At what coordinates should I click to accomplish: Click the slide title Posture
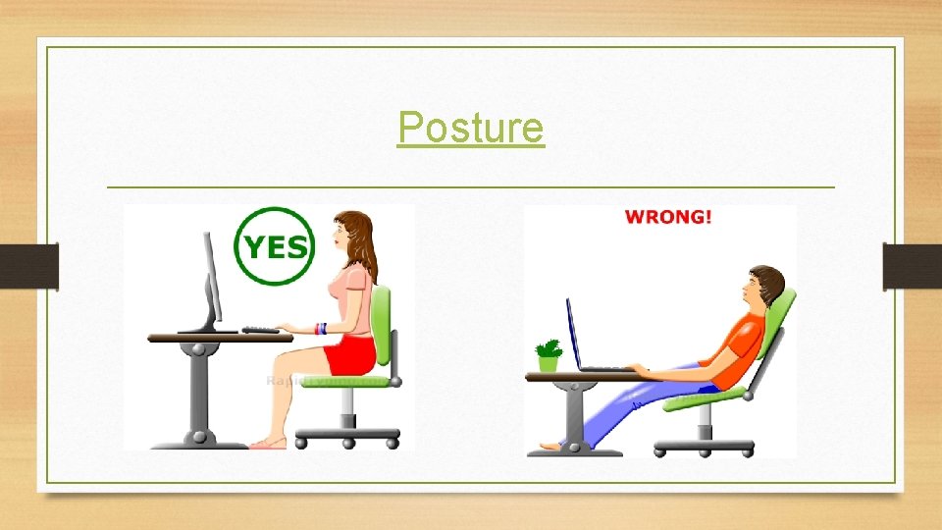pyautogui.click(x=470, y=128)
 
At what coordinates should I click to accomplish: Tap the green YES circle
pyautogui.click(x=275, y=246)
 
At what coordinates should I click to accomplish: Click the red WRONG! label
pyautogui.click(x=668, y=217)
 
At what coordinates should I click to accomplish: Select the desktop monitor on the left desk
pyautogui.click(x=210, y=281)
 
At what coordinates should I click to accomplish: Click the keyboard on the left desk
pyautogui.click(x=261, y=330)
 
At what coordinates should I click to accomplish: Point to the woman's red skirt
pyautogui.click(x=351, y=356)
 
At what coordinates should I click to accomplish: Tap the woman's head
pyautogui.click(x=351, y=237)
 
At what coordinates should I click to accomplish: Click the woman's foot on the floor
pyautogui.click(x=268, y=444)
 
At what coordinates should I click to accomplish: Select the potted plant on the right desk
pyautogui.click(x=549, y=355)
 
